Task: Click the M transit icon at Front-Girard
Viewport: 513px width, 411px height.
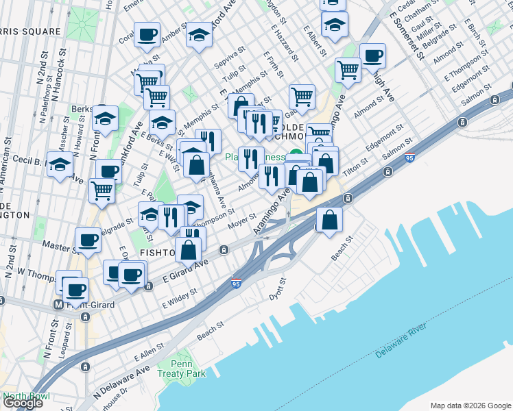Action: pyautogui.click(x=59, y=304)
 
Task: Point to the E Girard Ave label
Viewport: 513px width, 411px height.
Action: pyautogui.click(x=186, y=271)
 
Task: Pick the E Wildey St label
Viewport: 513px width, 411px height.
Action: pyautogui.click(x=180, y=297)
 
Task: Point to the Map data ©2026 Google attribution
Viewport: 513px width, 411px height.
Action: pyautogui.click(x=470, y=405)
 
